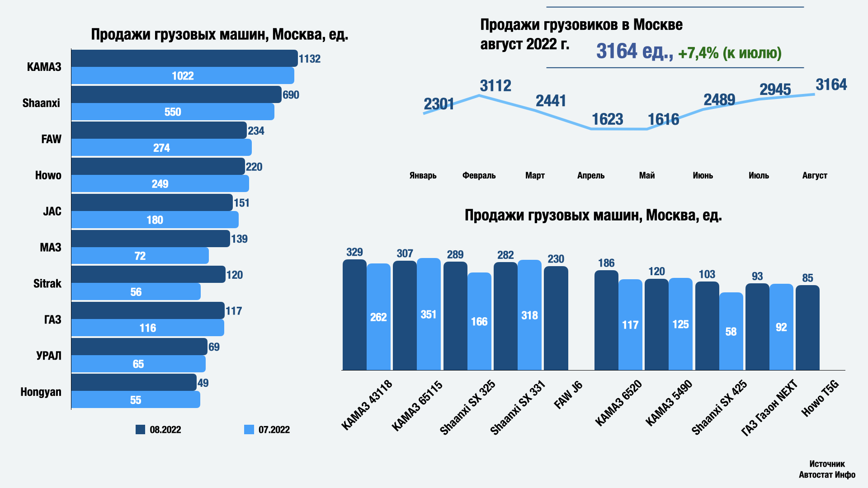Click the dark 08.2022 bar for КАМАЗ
click(184, 58)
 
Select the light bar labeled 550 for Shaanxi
click(173, 112)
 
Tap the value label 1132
click(310, 59)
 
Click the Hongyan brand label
click(41, 392)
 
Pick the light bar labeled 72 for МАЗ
click(140, 256)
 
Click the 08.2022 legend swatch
click(140, 429)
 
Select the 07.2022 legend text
click(274, 430)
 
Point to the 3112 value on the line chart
click(495, 86)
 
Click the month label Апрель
click(590, 175)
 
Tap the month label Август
click(814, 175)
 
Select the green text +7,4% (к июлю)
click(730, 53)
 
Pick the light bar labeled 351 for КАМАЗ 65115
click(429, 314)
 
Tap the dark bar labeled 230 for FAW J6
click(556, 318)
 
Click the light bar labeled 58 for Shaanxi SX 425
click(731, 332)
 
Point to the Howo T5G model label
click(820, 398)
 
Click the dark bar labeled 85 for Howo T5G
click(807, 328)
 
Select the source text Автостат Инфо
click(827, 474)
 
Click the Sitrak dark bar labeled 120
click(148, 274)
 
